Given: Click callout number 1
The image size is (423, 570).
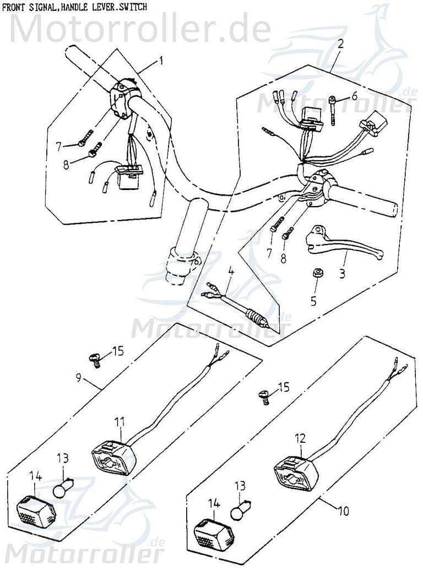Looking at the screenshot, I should pyautogui.click(x=161, y=61).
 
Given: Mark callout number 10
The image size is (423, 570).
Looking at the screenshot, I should pyautogui.click(x=343, y=511).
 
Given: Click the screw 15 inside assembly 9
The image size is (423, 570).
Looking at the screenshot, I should pyautogui.click(x=96, y=360).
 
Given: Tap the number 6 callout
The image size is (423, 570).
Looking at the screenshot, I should pyautogui.click(x=354, y=96).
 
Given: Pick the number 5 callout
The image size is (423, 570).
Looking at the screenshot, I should pyautogui.click(x=313, y=301).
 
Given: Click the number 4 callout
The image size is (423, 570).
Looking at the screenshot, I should pyautogui.click(x=231, y=271).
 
